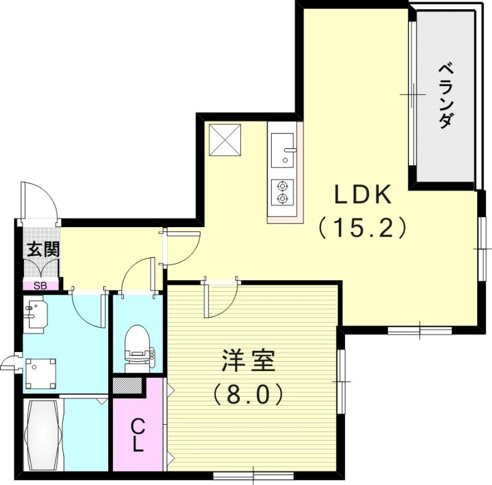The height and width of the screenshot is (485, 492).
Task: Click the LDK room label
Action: pyautogui.click(x=363, y=194)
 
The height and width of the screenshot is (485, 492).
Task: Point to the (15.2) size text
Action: pyautogui.click(x=363, y=228)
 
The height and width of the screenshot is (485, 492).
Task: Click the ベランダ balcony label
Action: pyautogui.click(x=445, y=96)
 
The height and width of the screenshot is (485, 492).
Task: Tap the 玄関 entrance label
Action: pyautogui.click(x=43, y=250)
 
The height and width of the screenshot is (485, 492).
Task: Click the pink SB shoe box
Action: pyautogui.click(x=41, y=286)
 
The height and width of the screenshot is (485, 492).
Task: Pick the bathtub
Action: pyautogui.click(x=42, y=435)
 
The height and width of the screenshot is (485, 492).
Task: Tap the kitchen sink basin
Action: pyautogui.click(x=282, y=150)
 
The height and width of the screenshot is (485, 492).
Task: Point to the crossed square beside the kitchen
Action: pyautogui.click(x=225, y=140)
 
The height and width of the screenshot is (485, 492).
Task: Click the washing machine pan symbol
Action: pyautogui.click(x=41, y=374)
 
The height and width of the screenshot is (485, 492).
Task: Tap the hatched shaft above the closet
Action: pyautogui.click(x=128, y=386)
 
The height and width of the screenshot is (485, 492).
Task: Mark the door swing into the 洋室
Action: pyautogui.click(x=221, y=299)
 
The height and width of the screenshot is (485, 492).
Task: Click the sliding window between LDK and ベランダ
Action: pyautogui.click(x=413, y=94)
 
